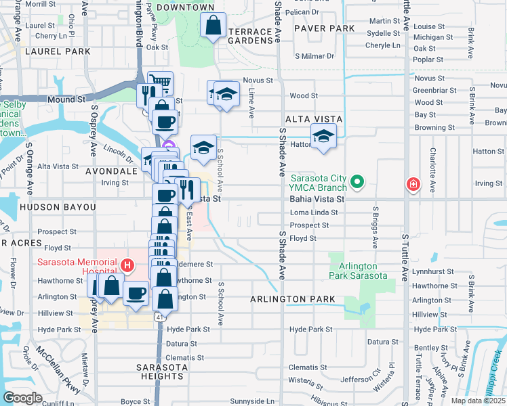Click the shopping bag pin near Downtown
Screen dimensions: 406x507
213,26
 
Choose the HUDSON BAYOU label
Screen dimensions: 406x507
58,206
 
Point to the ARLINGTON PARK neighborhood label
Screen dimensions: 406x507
292,298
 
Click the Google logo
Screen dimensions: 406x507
23,398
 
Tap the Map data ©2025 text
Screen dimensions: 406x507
477,401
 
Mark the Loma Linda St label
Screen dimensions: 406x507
313,212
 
